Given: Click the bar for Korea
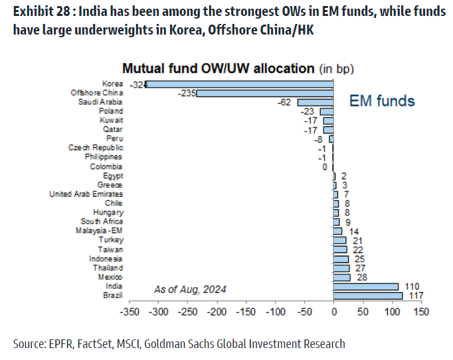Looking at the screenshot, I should point(240,84).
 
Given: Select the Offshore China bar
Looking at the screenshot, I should point(265,94).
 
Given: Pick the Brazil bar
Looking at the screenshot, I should point(367,295).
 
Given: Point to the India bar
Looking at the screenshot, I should point(366,286).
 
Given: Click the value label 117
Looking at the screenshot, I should point(416,295).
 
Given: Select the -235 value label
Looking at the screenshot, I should point(185,94).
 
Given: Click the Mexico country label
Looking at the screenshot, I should point(110,276).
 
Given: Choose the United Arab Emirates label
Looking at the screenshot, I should point(86,194).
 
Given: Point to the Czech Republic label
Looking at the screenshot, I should point(96,148).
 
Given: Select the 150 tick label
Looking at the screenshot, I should point(420,311).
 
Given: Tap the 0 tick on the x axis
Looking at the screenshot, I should point(333,311).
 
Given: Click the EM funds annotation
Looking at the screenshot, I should point(382,101).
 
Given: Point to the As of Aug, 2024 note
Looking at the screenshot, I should point(190,289).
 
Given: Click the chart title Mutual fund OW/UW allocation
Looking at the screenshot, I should point(217,68).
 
